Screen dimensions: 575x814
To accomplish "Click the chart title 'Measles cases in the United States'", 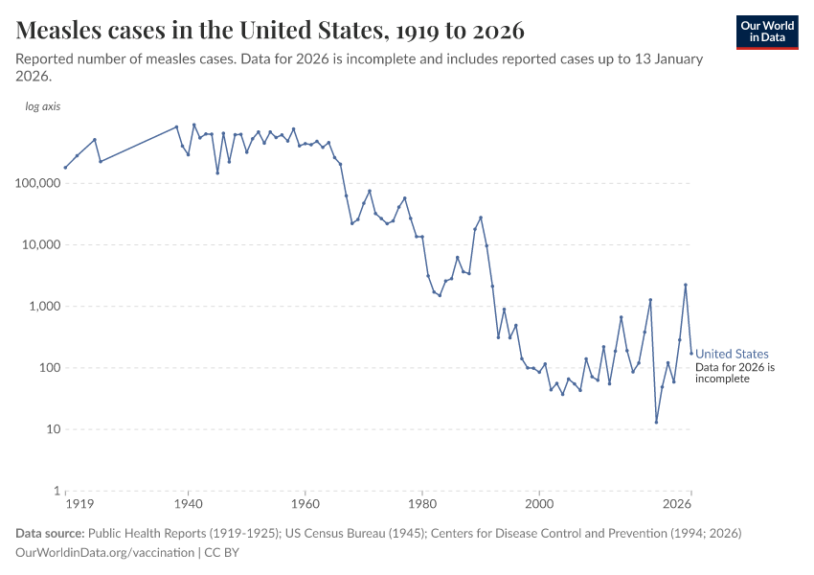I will point(270,31).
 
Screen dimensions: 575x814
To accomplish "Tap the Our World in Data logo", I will point(766,31).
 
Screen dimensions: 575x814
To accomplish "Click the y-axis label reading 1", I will point(56,491).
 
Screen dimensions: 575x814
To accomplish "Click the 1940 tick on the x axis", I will point(189,504).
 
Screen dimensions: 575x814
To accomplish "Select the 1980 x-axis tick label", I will point(422,504).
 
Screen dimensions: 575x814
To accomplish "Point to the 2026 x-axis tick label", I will point(678,504).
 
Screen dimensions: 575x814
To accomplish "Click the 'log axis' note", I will point(42,106).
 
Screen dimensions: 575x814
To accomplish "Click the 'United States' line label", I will point(732,354).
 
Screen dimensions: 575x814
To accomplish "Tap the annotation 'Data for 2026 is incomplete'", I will point(735,373).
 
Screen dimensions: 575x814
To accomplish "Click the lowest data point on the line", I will point(656,422).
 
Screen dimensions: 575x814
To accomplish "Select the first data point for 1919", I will point(65,168).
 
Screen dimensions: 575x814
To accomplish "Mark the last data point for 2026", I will point(691,354).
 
